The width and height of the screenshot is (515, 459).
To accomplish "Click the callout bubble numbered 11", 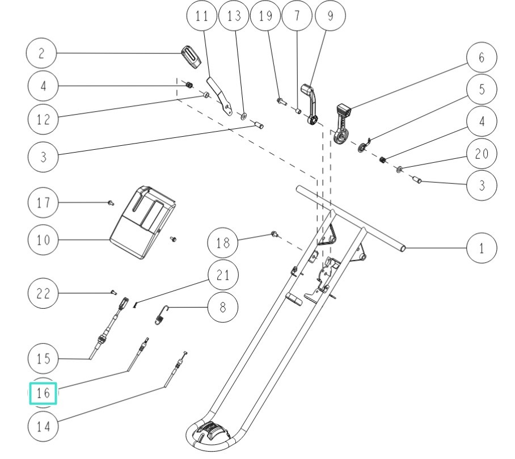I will click(202, 16).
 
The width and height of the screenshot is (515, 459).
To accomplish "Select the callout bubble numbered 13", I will click(234, 16).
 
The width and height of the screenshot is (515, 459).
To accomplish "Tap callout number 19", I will click(265, 16).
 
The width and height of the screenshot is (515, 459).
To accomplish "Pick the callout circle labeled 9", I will click(330, 16).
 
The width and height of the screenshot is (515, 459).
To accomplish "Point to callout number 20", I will click(482, 154).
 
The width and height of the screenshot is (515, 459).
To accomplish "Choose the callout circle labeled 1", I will click(482, 248).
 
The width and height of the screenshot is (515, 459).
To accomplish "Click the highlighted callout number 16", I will click(43, 393).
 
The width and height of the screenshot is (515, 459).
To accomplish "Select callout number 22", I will click(43, 293).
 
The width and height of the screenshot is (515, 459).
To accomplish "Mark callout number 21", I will click(222, 276).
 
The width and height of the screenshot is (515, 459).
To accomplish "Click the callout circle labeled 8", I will click(222, 307).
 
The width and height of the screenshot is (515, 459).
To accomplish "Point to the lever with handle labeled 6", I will click(343, 125).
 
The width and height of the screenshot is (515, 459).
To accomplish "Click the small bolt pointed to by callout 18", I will click(274, 233).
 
